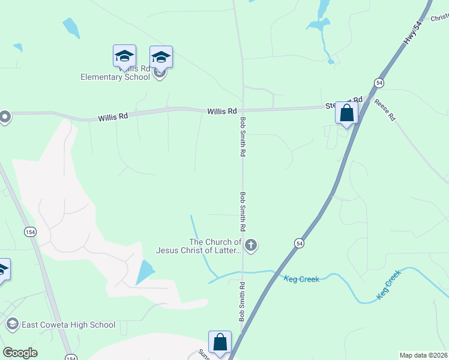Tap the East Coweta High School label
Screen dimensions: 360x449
pyautogui.click(x=68, y=325)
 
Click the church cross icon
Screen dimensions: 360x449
pyautogui.click(x=252, y=245)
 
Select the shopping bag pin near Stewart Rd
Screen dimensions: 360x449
pyautogui.click(x=346, y=113)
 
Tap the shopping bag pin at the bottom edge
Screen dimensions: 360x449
pyautogui.click(x=220, y=342)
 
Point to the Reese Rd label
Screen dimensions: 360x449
pyautogui.click(x=384, y=110)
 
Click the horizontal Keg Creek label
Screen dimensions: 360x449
pyautogui.click(x=301, y=279)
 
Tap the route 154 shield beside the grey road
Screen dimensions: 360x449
pyautogui.click(x=30, y=231)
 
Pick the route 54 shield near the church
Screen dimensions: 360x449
pyautogui.click(x=298, y=242)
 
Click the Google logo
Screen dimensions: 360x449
pyautogui.click(x=20, y=353)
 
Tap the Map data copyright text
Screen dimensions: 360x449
pyautogui.click(x=423, y=355)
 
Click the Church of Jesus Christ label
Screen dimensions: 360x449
pyautogui.click(x=199, y=246)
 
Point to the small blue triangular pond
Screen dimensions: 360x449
pyautogui.click(x=145, y=272)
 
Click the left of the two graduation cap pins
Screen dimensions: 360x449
pyautogui.click(x=124, y=56)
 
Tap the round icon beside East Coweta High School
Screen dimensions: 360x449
pyautogui.click(x=11, y=325)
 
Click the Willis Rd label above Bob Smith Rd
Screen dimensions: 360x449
pyautogui.click(x=222, y=112)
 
